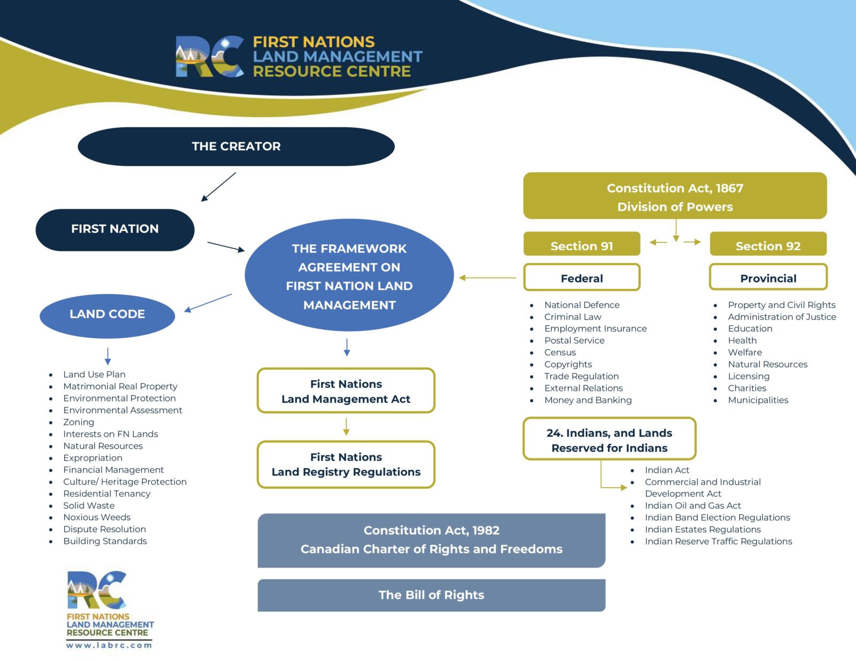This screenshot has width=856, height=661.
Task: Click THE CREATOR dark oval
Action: point(236,147)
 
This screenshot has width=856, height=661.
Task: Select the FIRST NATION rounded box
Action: point(115,229)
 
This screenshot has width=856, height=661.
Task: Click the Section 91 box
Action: point(582,245)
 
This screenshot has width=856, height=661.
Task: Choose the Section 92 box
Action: point(768,245)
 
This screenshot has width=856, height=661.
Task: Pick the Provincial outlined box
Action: point(768,278)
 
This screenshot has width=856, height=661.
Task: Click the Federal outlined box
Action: point(582,278)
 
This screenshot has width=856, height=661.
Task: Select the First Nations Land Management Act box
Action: point(346,391)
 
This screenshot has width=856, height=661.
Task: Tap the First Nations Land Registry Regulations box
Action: point(346,465)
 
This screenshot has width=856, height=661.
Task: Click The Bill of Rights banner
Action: point(431,595)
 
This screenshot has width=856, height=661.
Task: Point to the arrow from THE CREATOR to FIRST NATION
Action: point(218,187)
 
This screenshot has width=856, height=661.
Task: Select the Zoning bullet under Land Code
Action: point(79,422)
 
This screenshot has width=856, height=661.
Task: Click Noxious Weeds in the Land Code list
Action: point(97,517)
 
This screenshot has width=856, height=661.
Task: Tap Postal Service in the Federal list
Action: point(574,341)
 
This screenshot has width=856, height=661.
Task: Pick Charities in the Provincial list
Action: point(747,388)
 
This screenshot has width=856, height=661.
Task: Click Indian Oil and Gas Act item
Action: point(693,505)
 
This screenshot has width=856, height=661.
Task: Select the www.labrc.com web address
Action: point(109,645)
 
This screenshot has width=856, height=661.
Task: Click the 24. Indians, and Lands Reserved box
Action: point(609,440)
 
